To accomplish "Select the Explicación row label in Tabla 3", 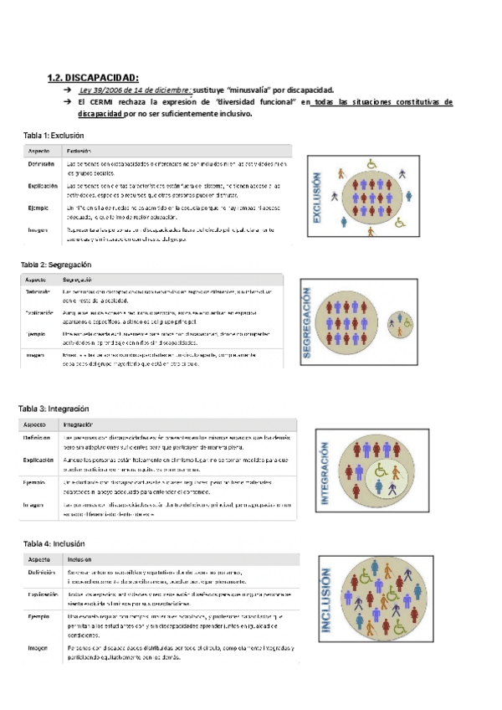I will [x=39, y=460].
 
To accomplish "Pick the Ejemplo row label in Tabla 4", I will [x=38, y=616].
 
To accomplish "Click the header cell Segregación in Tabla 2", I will [x=78, y=279].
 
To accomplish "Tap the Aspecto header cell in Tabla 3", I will [x=38, y=424].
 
